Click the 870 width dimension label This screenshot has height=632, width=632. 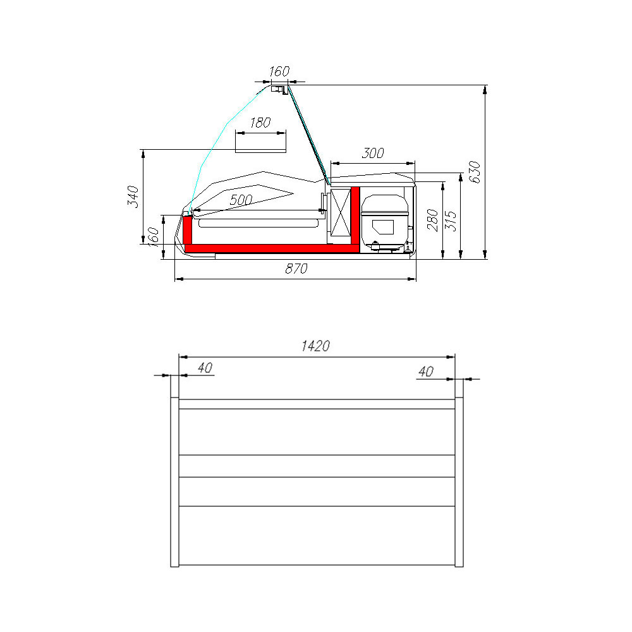296,269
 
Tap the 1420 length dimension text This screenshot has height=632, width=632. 315,346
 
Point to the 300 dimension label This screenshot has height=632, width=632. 373,153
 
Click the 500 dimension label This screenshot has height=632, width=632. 241,200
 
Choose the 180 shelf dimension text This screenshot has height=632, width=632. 260,123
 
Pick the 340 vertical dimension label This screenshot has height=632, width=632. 133,197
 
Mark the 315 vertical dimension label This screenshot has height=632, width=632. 451,221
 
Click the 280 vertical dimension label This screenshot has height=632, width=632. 432,220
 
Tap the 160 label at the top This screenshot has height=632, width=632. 279,71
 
